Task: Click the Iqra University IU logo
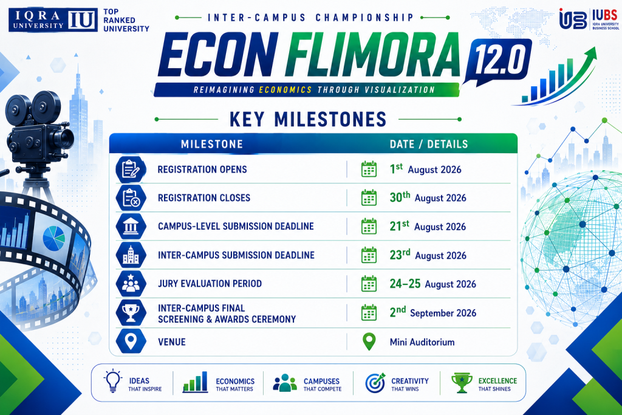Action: [x=53, y=20]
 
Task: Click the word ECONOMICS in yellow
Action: [x=285, y=90]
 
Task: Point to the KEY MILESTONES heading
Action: [x=308, y=119]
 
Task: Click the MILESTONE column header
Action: [x=212, y=144]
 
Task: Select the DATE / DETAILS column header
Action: [x=429, y=144]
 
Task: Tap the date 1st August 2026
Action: [x=425, y=169]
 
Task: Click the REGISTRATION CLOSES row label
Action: [x=204, y=197]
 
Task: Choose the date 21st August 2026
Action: [x=428, y=226]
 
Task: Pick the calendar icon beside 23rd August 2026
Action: [x=369, y=255]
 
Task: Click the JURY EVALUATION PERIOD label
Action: [x=210, y=283]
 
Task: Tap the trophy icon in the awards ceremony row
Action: [x=131, y=313]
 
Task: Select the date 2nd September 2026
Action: [x=432, y=312]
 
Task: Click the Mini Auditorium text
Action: [x=422, y=342]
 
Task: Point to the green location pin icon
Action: [x=369, y=341]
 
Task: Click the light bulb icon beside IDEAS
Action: [x=112, y=380]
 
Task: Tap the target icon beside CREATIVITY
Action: [x=375, y=383]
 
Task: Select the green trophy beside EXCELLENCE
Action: [x=462, y=383]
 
